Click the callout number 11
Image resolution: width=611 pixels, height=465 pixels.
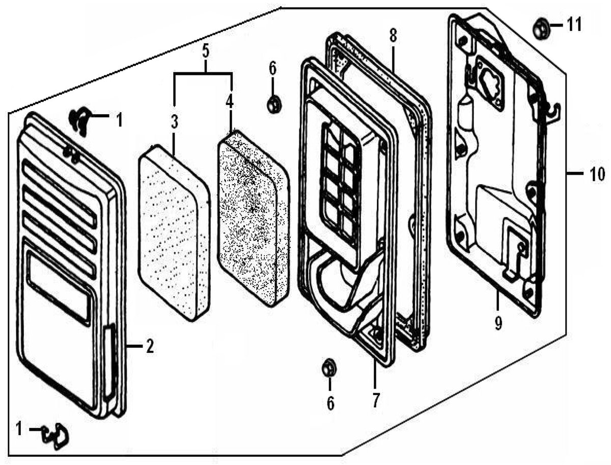574,24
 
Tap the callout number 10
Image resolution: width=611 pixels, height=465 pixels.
597,174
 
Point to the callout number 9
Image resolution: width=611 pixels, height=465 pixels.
498,323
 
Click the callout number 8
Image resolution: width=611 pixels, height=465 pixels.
393,36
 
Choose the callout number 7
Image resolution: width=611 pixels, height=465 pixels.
376,400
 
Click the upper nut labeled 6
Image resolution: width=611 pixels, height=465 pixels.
273,104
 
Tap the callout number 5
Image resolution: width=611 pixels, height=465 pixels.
205,52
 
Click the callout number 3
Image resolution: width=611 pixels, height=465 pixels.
174,121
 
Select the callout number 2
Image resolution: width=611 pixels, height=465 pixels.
149,347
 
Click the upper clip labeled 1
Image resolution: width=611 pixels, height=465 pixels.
80,121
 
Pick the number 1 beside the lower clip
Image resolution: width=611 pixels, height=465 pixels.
19,429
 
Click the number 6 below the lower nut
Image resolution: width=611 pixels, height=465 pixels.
330,404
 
